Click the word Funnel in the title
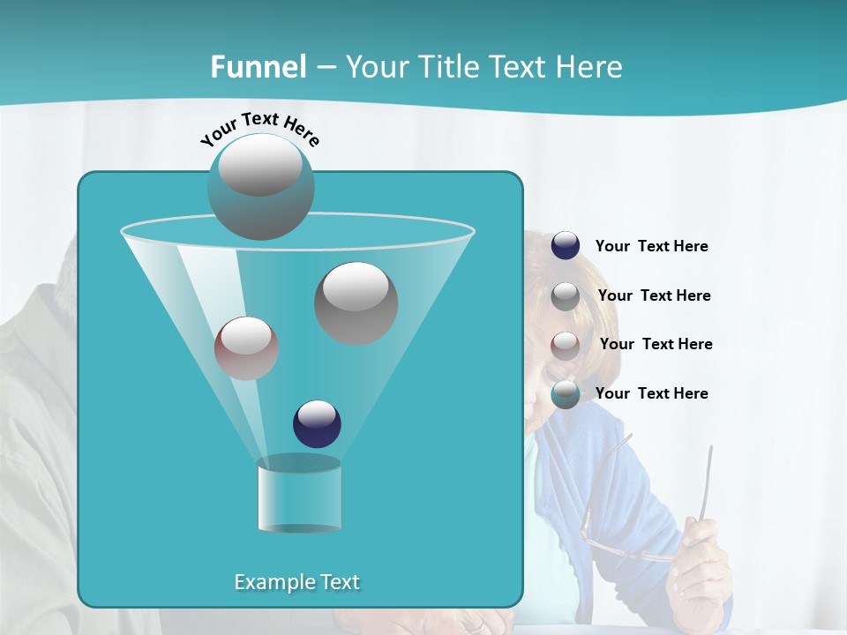pyautogui.click(x=258, y=67)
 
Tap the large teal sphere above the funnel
pyautogui.click(x=260, y=186)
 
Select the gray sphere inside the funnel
pyautogui.click(x=356, y=303)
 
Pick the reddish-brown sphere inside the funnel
pyautogui.click(x=246, y=348)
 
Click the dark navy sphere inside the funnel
pyautogui.click(x=317, y=423)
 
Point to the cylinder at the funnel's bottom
pyautogui.click(x=299, y=496)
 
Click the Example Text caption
pyautogui.click(x=296, y=582)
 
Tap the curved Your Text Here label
pyautogui.click(x=259, y=129)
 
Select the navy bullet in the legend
pyautogui.click(x=566, y=246)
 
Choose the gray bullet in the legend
pyautogui.click(x=566, y=296)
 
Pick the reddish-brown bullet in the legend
pyautogui.click(x=566, y=345)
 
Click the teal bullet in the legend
pyautogui.click(x=566, y=394)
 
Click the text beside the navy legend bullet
pyautogui.click(x=651, y=247)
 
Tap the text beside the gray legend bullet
pyautogui.click(x=654, y=296)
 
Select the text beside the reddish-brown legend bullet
pyautogui.click(x=656, y=345)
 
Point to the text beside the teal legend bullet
pyautogui.click(x=651, y=394)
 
